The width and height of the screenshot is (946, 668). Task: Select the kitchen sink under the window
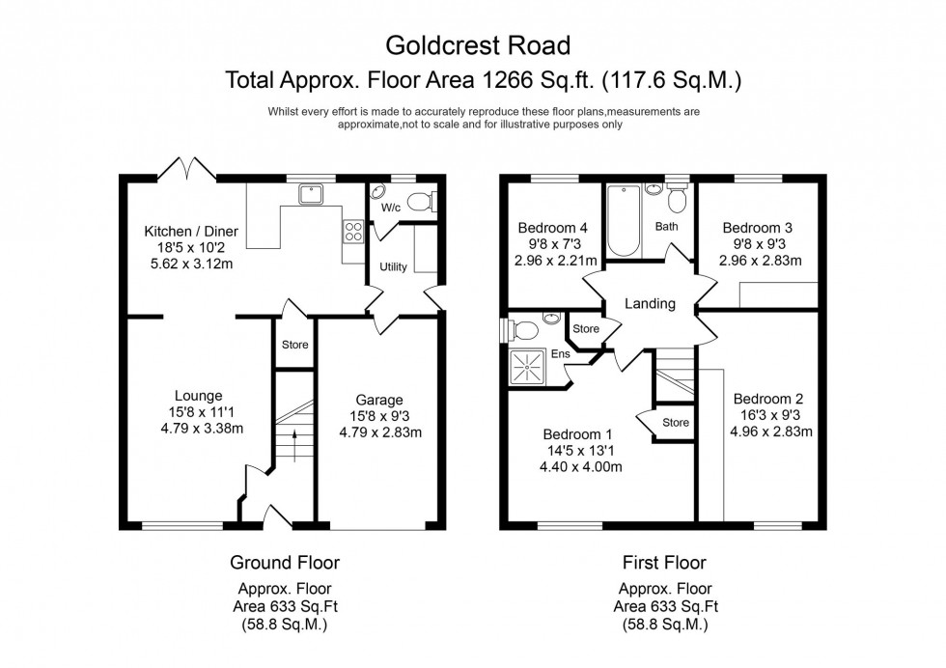(x=312, y=194)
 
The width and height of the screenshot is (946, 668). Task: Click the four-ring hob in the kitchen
(x=353, y=232)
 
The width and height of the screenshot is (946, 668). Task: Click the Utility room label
(x=393, y=267)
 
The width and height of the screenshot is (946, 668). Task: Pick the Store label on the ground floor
(x=294, y=345)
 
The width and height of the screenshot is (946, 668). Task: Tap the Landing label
(x=650, y=304)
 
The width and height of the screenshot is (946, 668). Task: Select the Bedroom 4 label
(x=553, y=228)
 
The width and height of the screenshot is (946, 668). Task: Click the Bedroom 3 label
(x=758, y=228)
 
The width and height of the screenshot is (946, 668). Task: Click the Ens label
(x=561, y=354)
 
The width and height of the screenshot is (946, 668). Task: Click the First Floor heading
(x=665, y=562)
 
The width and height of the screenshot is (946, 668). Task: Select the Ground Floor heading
(x=285, y=562)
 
